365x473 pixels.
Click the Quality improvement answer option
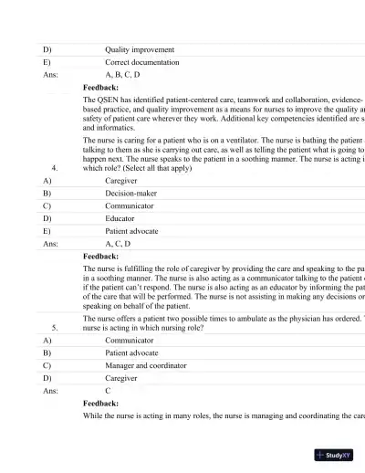pos(140,49)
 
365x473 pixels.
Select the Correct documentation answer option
pos(141,62)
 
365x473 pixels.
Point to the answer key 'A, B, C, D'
pos(122,75)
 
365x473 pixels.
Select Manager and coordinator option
pos(145,365)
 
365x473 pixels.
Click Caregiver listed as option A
pos(122,181)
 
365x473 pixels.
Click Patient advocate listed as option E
pos(131,232)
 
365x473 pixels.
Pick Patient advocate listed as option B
pos(131,352)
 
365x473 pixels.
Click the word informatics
pos(115,128)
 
